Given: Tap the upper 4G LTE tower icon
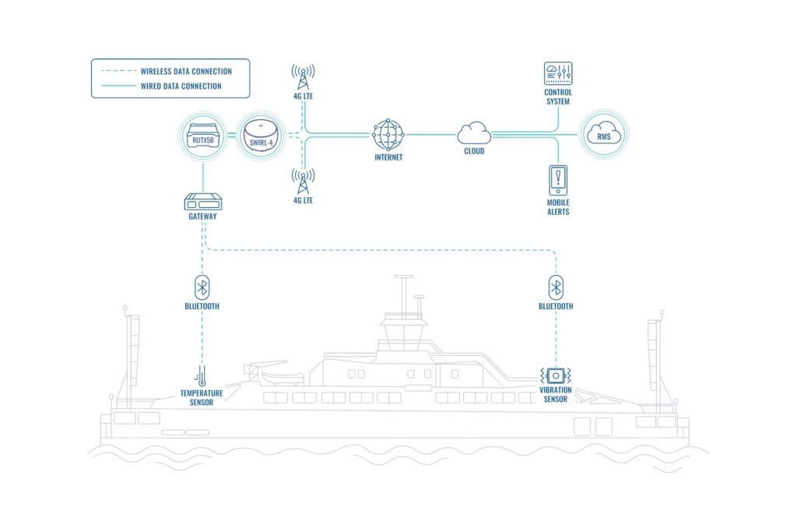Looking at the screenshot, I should tap(303, 76).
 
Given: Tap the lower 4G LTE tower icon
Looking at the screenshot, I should tap(303, 181).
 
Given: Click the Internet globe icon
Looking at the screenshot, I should tap(388, 135).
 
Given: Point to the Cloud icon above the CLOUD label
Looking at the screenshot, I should tap(473, 132).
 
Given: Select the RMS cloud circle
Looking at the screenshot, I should tap(605, 136).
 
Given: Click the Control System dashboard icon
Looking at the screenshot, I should tap(557, 75).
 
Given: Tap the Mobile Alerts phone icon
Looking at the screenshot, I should tap(557, 181).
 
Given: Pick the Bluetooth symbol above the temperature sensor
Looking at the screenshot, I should tap(202, 287).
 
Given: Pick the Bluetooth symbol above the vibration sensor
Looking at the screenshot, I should tap(556, 287).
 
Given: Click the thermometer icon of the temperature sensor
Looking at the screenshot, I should tap(202, 375).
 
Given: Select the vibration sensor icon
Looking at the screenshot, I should tap(556, 375).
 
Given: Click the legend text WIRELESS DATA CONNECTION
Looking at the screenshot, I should tap(186, 72).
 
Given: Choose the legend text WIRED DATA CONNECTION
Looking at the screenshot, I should tap(181, 86).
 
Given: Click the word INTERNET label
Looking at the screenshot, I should tap(388, 157).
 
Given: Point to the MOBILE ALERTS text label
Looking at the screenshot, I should tap(557, 207).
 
